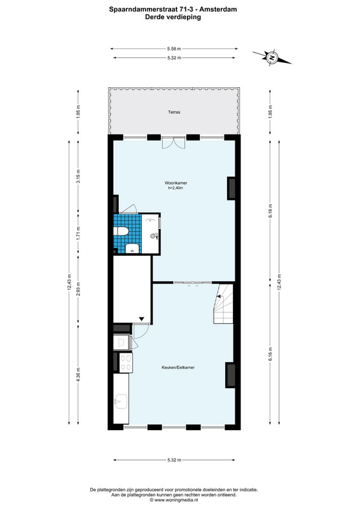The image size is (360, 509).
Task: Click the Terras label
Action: pos(174,113)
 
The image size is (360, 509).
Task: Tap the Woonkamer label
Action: pos(176,183)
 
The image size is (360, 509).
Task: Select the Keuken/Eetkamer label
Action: pos(178,368)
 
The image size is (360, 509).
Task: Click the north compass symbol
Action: pos(272,58)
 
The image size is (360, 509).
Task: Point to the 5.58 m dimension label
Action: pos(174,49)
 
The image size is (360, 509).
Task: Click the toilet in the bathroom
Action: pos(121,231)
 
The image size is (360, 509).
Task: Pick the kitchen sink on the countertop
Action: pos(121,401)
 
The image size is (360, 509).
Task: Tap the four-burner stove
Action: pos(126,363)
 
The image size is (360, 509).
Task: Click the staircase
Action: pos(223,304)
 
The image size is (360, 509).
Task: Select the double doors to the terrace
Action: pos(174,143)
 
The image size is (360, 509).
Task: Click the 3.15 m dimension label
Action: pos(78,176)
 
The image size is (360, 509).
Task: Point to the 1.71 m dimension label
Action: pos(78,233)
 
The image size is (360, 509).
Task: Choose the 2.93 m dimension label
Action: pos(78,289)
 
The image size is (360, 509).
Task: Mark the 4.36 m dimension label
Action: pos(78,374)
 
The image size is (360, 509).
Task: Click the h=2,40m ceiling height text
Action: pos(176,188)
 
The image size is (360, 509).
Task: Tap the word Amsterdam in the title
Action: pos(218,10)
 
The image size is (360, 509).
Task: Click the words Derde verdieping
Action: pos(173,17)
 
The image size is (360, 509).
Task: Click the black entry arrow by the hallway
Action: pos(142,319)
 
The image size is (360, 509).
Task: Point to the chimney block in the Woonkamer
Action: pos(231,188)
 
